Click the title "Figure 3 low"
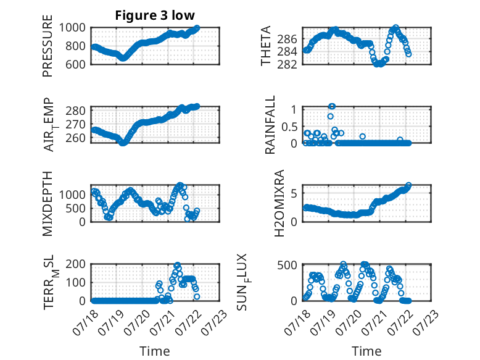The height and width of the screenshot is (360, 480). [x=155, y=15]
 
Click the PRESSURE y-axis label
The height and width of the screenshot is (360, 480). [x=48, y=46]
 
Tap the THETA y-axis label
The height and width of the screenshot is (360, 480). [x=266, y=46]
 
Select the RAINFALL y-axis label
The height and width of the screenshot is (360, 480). [x=270, y=125]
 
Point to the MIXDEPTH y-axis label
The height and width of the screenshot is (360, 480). [x=48, y=204]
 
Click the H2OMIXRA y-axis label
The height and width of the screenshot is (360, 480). [x=279, y=203]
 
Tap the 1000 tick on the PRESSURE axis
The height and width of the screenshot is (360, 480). [x=72, y=28]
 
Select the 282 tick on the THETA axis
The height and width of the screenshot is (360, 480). [x=287, y=64]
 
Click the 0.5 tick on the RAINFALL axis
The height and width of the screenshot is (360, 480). [x=289, y=126]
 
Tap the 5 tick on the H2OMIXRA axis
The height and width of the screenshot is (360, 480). [x=294, y=193]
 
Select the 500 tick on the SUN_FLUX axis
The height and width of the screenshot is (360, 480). [x=287, y=265]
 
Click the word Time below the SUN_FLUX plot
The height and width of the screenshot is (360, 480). [x=366, y=351]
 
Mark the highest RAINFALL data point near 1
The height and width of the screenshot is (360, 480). [x=332, y=106]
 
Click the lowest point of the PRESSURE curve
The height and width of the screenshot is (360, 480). [x=123, y=58]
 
